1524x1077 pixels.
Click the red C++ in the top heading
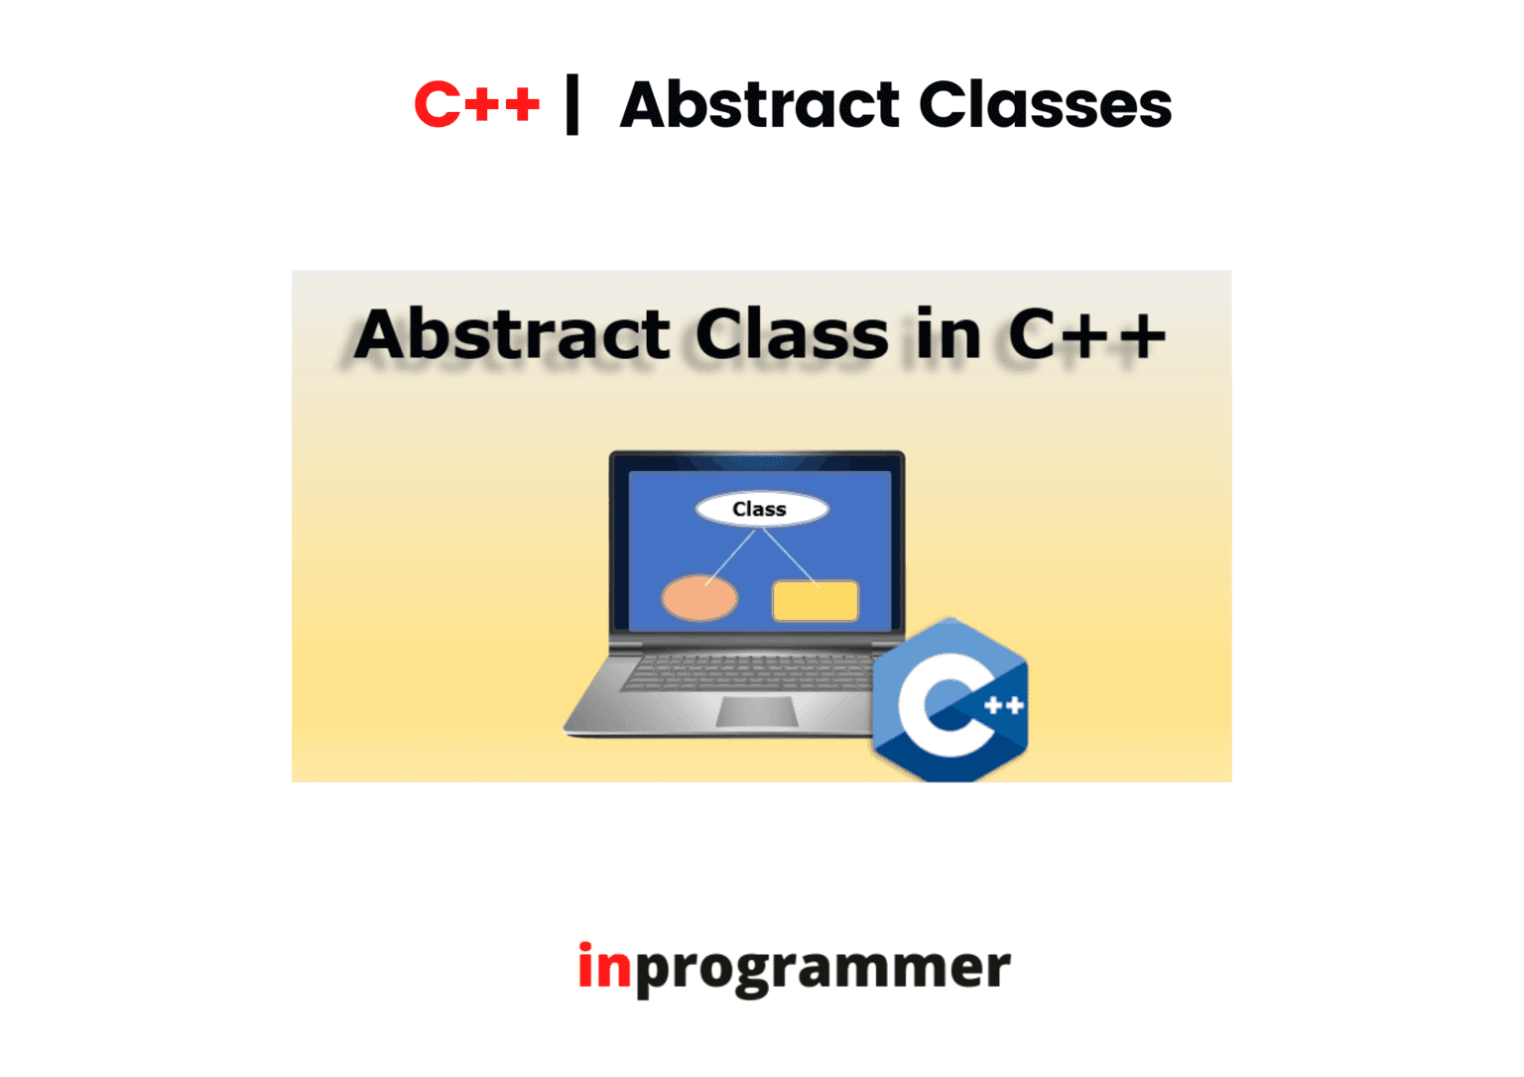[477, 104]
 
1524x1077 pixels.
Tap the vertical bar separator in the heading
[572, 104]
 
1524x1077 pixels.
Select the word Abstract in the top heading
[759, 104]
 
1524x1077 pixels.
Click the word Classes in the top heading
[1045, 104]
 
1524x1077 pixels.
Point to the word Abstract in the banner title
[512, 334]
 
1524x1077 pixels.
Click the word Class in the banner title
[792, 334]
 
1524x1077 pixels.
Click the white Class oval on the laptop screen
[762, 510]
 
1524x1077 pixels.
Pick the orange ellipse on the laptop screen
[699, 598]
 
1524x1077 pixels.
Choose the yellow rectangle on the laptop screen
[816, 601]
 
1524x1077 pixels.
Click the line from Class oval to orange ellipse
[730, 557]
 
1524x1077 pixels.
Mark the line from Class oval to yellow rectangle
[791, 557]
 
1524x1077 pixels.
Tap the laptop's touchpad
[757, 712]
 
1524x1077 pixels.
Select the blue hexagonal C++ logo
[951, 700]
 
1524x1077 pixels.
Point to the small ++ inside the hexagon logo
[1004, 706]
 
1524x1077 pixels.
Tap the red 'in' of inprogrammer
[605, 965]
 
